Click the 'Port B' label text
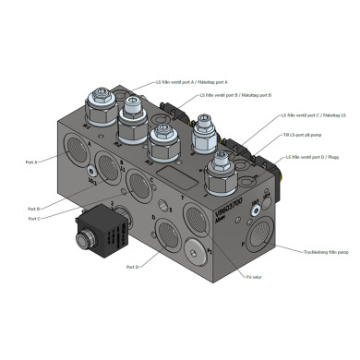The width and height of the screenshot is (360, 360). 33,209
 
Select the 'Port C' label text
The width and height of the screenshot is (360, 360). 33,219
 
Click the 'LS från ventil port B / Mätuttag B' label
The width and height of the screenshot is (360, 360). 235,95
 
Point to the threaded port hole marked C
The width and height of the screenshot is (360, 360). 141,181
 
